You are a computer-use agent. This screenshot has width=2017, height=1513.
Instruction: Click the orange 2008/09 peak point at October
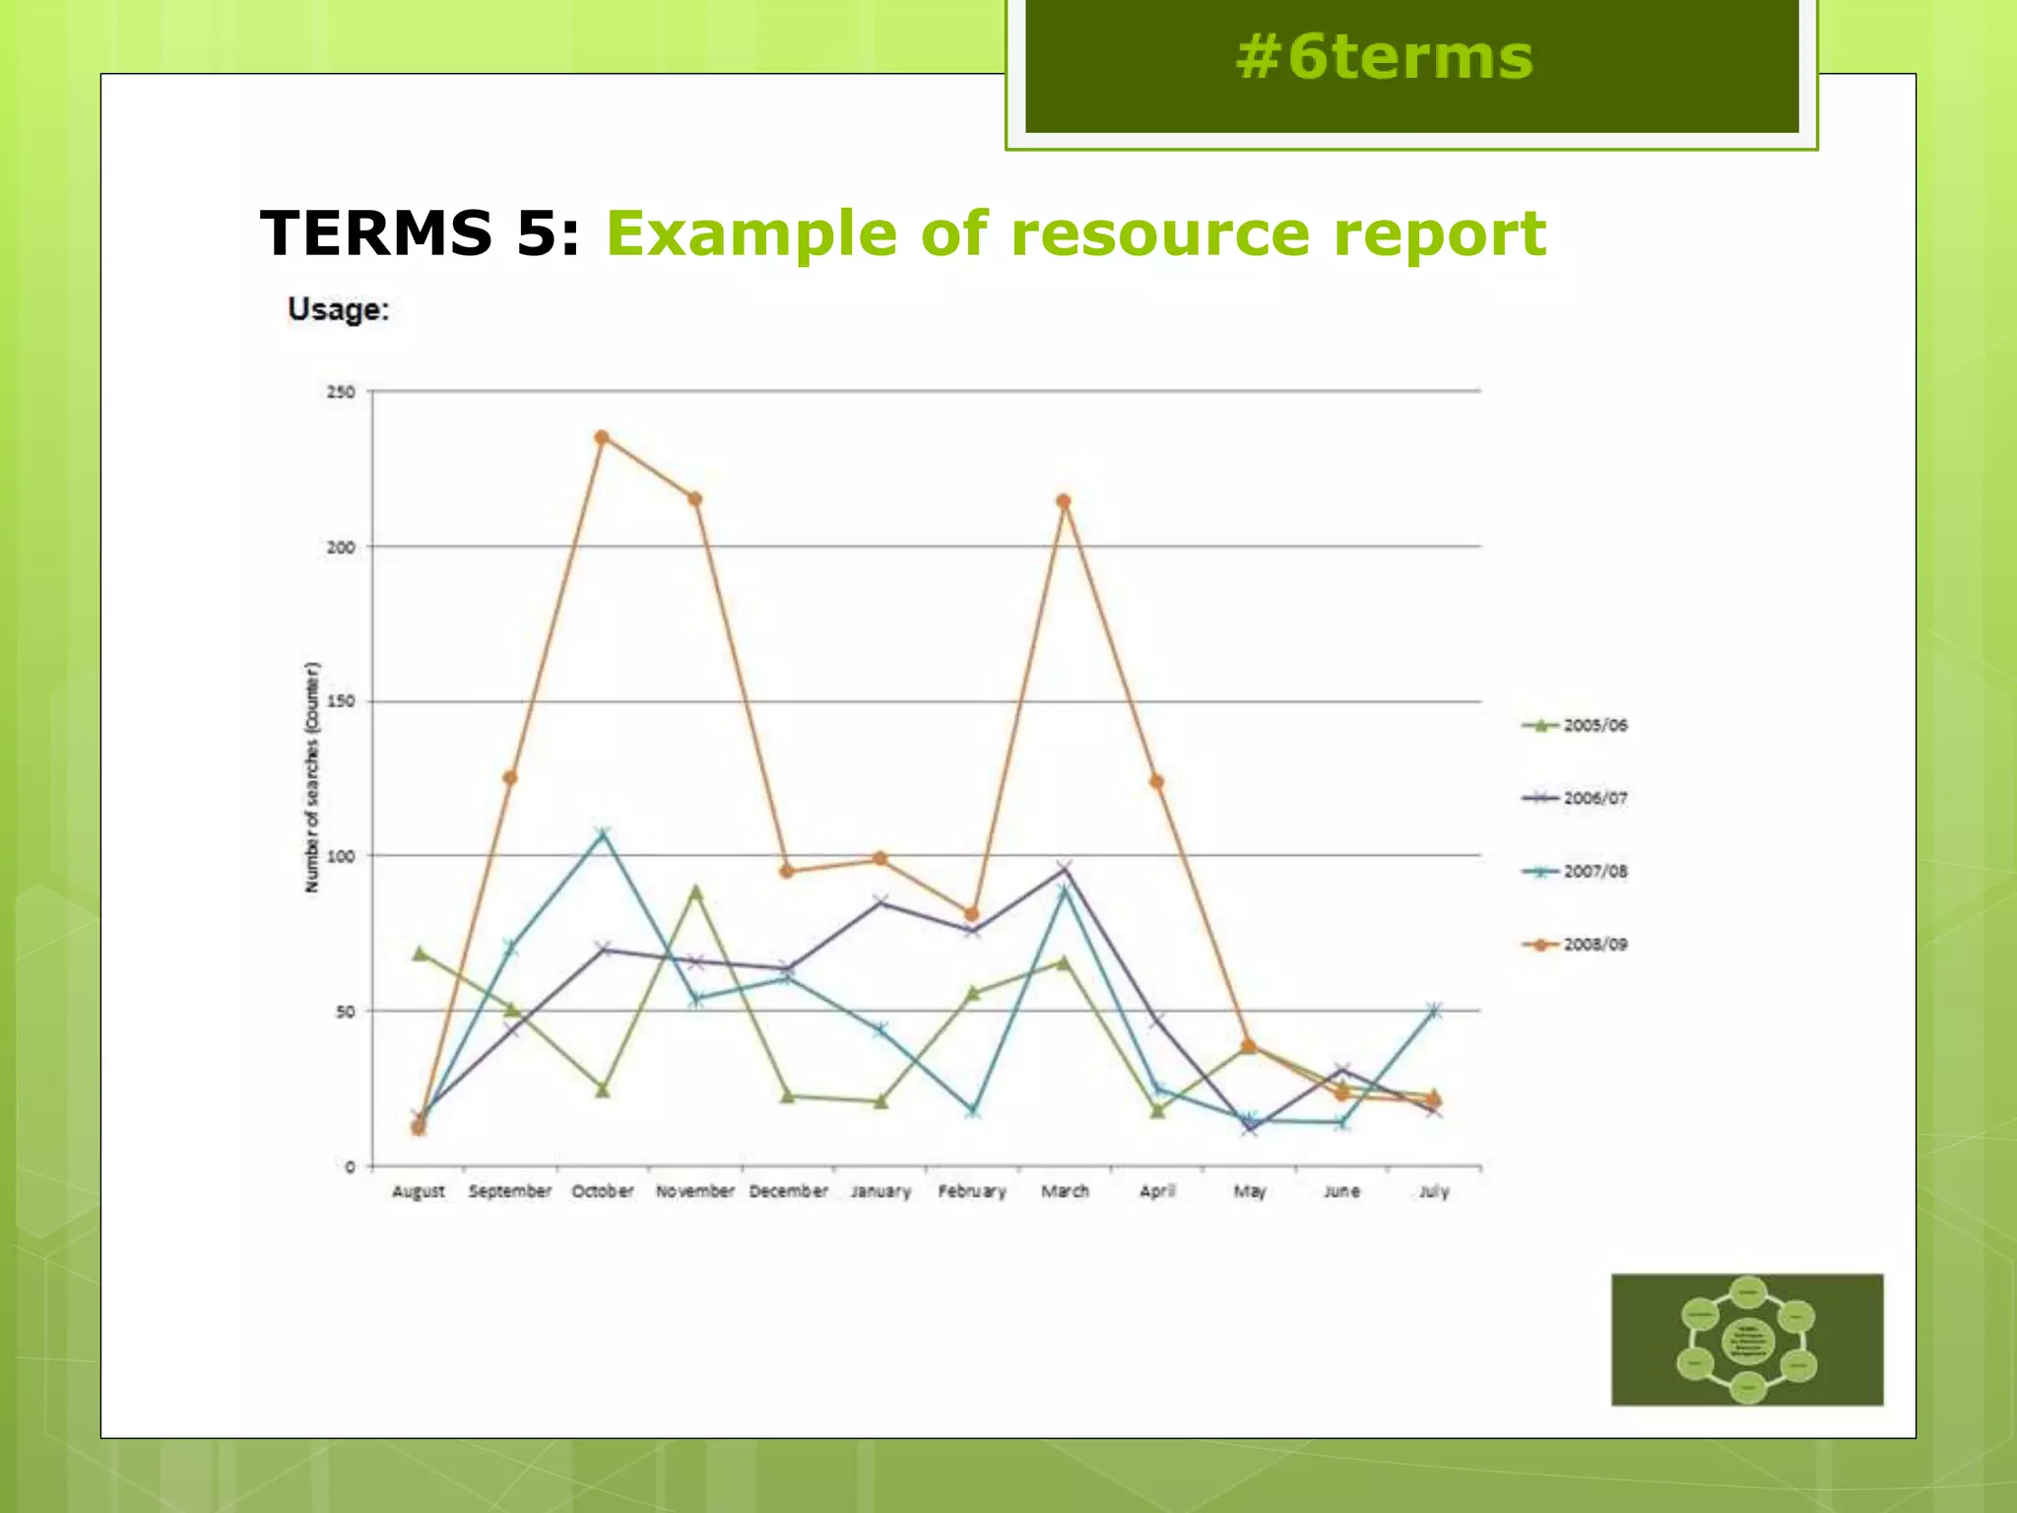pos(602,437)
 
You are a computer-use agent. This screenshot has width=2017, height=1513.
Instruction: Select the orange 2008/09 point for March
pos(1064,501)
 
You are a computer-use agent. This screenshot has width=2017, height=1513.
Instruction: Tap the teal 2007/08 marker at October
pos(603,834)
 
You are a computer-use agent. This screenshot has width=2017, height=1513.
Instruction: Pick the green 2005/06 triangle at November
pos(695,891)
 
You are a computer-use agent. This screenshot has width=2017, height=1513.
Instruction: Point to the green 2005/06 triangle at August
pos(419,953)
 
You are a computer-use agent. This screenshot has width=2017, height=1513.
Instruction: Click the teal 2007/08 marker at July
pos(1434,1010)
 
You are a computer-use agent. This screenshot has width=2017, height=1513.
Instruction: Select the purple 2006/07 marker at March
pos(1064,868)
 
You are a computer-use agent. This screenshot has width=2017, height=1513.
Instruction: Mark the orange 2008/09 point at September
pos(510,778)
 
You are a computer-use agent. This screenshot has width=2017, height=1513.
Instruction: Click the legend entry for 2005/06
pos(1575,725)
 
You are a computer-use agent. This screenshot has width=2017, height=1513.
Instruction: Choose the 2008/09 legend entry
pos(1575,944)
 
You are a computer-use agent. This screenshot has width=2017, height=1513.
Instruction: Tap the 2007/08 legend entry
pos(1575,871)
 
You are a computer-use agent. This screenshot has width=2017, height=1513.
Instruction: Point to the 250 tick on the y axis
pos(341,392)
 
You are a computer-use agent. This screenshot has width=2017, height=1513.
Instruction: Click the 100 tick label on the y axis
pos(341,856)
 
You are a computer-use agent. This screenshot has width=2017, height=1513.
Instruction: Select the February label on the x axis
pos(972,1191)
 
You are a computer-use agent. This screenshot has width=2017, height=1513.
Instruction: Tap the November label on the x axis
pos(695,1191)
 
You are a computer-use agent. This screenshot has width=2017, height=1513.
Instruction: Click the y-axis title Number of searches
pos(312,778)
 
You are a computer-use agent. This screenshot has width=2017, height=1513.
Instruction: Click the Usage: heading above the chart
pos(339,309)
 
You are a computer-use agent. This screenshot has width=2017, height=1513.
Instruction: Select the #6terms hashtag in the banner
pos(1384,57)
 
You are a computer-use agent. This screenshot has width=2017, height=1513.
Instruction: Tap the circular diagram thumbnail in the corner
pos(1747,1340)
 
